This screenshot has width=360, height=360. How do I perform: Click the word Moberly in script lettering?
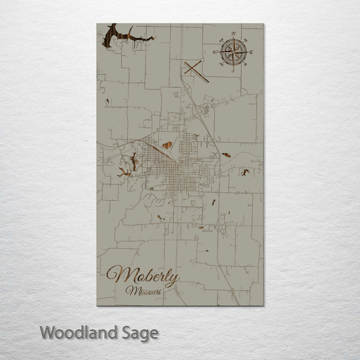(x=142, y=276)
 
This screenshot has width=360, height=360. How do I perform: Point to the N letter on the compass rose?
(x=233, y=33)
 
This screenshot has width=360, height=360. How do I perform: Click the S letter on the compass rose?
(x=233, y=70)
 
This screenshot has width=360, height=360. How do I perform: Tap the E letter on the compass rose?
(x=251, y=52)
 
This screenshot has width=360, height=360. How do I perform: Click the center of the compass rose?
(x=233, y=52)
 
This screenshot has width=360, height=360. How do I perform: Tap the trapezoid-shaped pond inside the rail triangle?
(x=167, y=145)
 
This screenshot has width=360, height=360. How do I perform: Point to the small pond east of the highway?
(x=226, y=155)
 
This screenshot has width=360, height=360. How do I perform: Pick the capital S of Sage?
(x=126, y=333)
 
